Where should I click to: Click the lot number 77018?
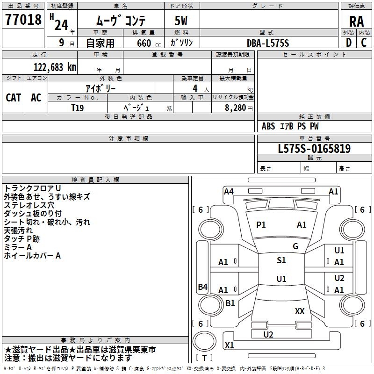23,20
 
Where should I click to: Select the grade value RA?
356,22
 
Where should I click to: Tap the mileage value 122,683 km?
55,67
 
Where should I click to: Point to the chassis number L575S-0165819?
314,149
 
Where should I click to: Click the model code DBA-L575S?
268,43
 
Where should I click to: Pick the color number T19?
78,108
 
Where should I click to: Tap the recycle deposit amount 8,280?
235,108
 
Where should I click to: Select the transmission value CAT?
14,98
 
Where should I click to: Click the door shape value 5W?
181,21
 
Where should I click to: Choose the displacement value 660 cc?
149,43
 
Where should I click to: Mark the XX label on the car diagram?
300,311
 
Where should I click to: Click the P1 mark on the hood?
261,225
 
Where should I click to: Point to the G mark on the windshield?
295,246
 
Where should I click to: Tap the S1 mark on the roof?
281,260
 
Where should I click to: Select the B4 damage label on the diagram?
203,287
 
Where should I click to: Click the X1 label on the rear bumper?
229,345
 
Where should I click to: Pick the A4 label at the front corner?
229,192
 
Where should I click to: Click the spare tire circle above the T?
204,341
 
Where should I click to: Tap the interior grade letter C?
364,43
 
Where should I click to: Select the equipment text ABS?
268,126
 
